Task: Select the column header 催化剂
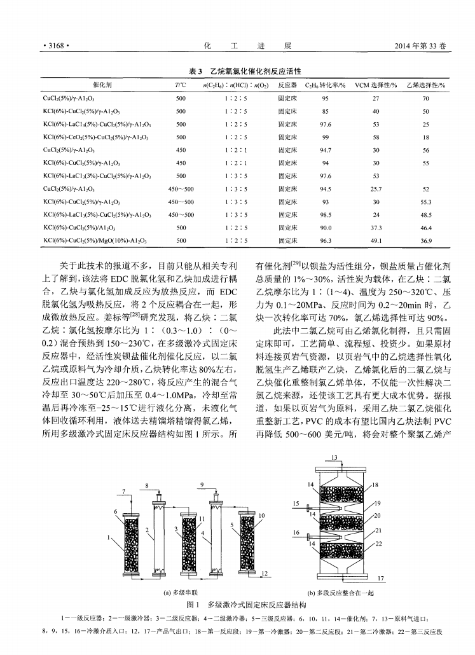click(x=101, y=85)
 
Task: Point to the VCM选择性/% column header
click(x=376, y=85)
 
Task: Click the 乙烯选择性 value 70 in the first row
click(x=425, y=99)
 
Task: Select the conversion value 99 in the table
click(x=325, y=137)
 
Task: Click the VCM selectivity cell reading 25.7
click(x=376, y=189)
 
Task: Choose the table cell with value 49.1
click(x=376, y=240)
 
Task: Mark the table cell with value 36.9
click(x=425, y=240)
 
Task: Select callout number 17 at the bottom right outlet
click(x=380, y=578)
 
